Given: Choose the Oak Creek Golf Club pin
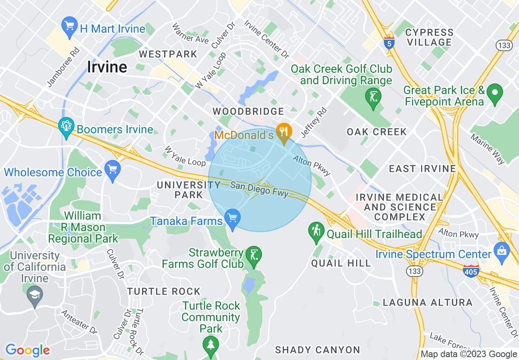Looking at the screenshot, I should click(373, 98).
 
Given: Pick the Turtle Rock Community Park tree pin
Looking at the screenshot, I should click(211, 344).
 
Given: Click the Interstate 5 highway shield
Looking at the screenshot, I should click(389, 42).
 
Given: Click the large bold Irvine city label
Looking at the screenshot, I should click(107, 67).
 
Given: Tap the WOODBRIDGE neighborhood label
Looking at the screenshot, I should click(248, 111).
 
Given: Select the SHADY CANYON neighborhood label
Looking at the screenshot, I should click(318, 350).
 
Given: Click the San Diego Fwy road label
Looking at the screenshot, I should click(259, 189).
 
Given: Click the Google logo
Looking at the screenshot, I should click(27, 350).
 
